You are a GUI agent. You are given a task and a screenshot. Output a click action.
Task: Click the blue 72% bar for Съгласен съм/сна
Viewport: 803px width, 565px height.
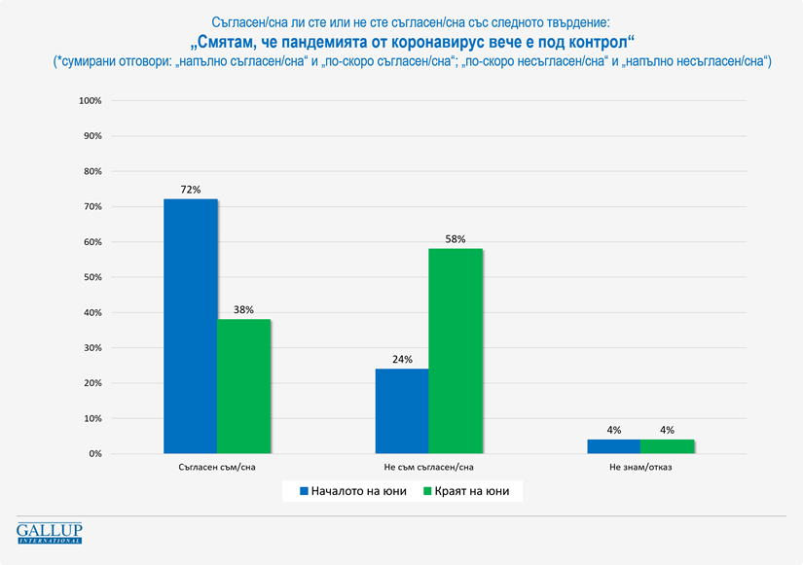pyautogui.click(x=190, y=326)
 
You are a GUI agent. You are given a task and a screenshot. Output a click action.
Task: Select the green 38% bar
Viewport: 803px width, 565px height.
pyautogui.click(x=243, y=386)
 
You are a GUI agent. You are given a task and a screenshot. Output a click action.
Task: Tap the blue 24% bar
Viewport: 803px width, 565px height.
pyautogui.click(x=402, y=410)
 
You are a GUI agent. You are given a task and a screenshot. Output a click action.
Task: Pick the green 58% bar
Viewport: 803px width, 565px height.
pyautogui.click(x=455, y=351)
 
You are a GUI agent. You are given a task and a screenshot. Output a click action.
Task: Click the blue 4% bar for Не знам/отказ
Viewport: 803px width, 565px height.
pyautogui.click(x=613, y=446)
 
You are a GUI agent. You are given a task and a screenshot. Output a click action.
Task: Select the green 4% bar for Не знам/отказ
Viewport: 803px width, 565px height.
pyautogui.click(x=667, y=446)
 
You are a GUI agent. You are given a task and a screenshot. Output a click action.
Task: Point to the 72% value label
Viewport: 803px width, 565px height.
pyautogui.click(x=190, y=189)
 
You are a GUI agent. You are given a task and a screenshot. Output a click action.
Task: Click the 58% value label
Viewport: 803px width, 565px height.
pyautogui.click(x=456, y=238)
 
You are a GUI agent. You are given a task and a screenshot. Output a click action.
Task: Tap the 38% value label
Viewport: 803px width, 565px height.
pyautogui.click(x=243, y=309)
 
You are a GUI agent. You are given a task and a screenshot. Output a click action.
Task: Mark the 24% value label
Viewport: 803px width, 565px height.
pyautogui.click(x=402, y=358)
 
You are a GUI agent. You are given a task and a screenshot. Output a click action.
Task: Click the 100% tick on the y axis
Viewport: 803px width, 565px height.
pyautogui.click(x=90, y=101)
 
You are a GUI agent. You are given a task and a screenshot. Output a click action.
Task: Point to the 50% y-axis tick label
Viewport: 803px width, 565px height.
pyautogui.click(x=91, y=277)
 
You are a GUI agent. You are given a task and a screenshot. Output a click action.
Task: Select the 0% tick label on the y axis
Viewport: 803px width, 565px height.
pyautogui.click(x=94, y=454)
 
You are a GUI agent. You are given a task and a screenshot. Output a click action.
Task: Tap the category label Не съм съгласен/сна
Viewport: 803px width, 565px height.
pyautogui.click(x=428, y=468)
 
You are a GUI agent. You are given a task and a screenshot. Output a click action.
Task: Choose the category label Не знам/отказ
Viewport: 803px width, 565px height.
pyautogui.click(x=640, y=468)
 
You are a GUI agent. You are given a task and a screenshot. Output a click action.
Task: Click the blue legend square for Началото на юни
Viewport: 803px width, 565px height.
pyautogui.click(x=303, y=492)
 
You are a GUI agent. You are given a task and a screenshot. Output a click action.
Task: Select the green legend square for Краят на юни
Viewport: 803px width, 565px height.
pyautogui.click(x=425, y=492)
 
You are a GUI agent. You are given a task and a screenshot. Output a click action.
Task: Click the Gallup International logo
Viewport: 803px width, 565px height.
pyautogui.click(x=50, y=532)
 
